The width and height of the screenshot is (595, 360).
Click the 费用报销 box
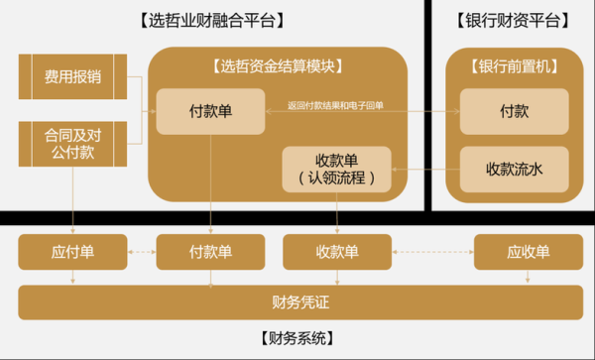tap(72, 76)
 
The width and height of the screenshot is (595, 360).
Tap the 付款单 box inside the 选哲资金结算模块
tap(210, 111)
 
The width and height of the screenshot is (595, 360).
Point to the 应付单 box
tap(72, 252)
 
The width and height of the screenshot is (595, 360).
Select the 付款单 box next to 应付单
tap(210, 252)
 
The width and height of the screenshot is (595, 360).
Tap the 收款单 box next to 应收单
tap(337, 252)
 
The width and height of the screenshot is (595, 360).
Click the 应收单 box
tap(528, 252)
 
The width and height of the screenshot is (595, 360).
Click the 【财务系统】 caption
tap(297, 337)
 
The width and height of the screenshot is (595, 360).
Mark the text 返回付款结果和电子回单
tap(335, 105)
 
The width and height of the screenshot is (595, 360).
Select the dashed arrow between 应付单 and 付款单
tap(141, 252)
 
